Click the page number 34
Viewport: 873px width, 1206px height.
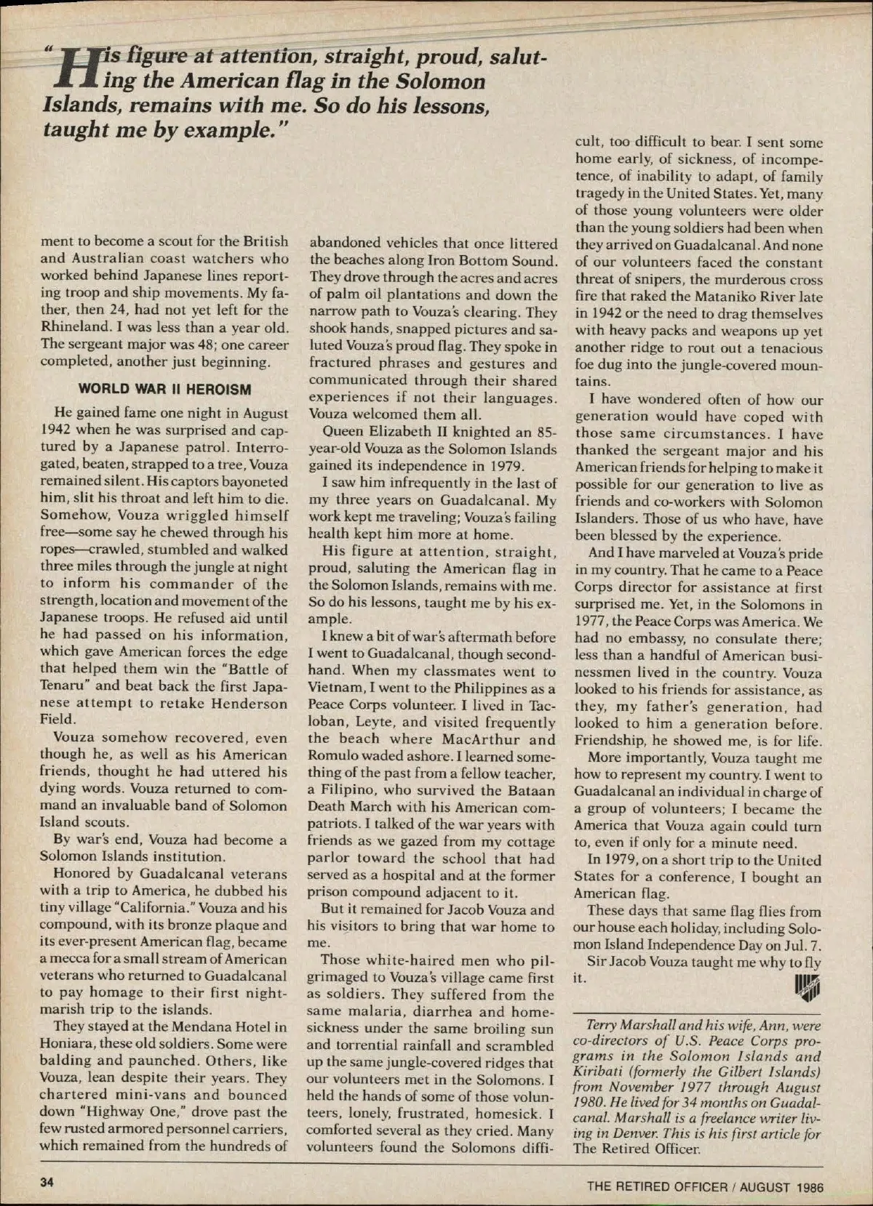point(47,1182)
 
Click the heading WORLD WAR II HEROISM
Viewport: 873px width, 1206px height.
point(164,388)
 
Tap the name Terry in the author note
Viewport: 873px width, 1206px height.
point(602,1026)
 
